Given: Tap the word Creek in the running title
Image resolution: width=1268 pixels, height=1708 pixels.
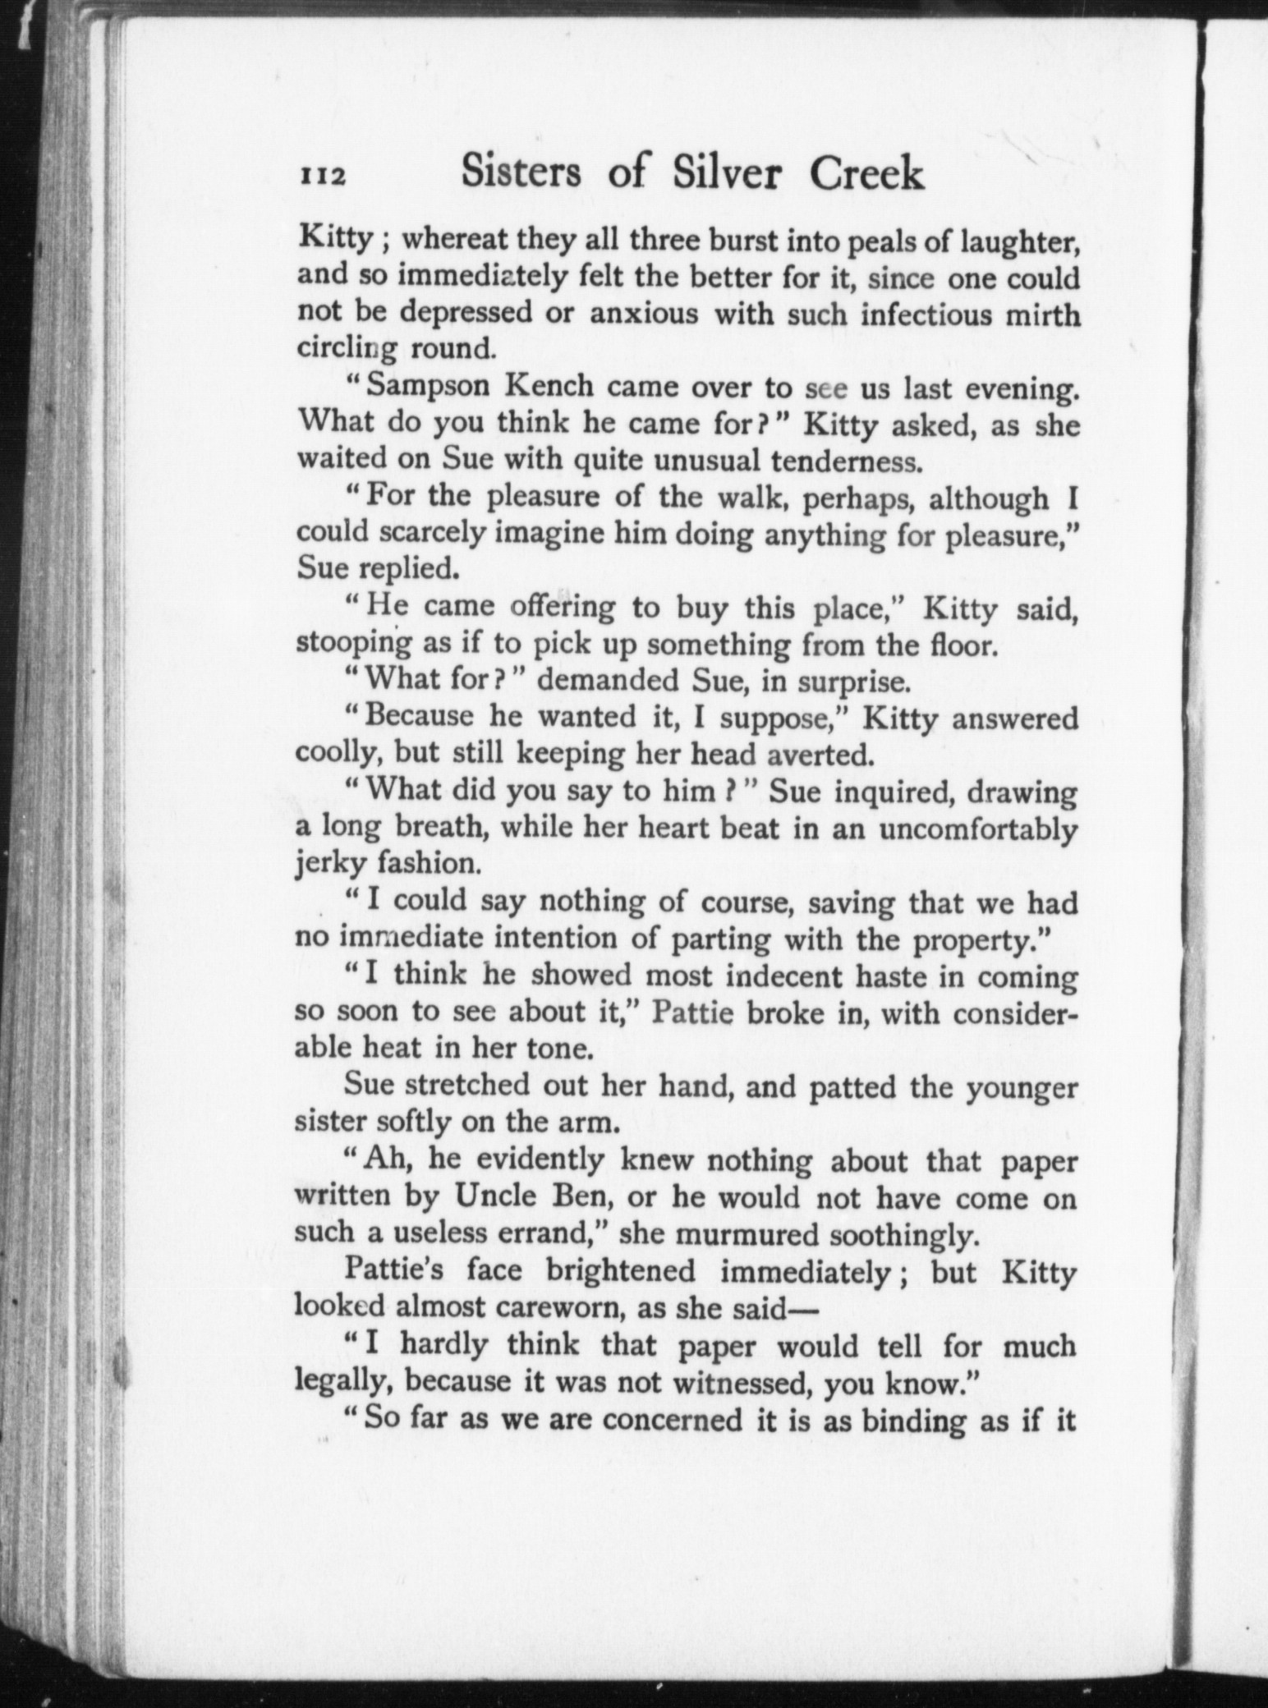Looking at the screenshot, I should [866, 172].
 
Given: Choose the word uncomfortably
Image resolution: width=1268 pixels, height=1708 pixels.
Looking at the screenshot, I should [977, 829].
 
